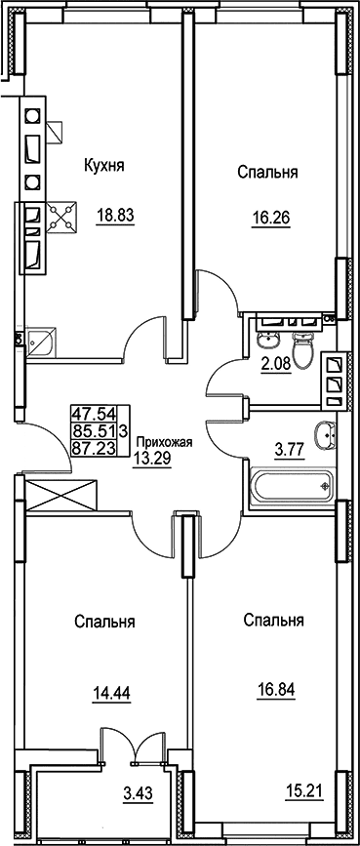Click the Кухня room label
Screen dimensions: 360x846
(104, 165)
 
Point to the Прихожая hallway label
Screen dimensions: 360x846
(164, 442)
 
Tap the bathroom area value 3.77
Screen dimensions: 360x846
(291, 447)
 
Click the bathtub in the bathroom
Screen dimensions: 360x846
(292, 486)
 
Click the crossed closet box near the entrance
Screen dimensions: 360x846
(61, 495)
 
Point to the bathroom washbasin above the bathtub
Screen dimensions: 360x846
(327, 432)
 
